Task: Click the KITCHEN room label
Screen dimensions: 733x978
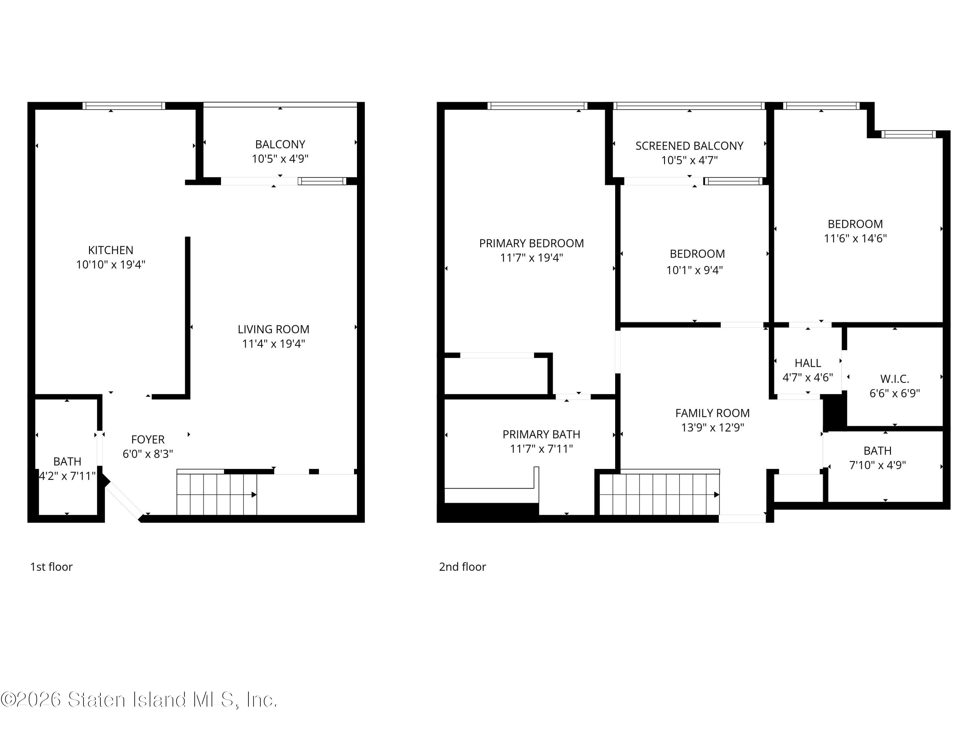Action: [111, 250]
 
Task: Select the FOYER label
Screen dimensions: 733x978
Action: [148, 439]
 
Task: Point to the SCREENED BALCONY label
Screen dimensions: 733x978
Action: [689, 146]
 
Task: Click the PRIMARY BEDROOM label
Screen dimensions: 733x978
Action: [531, 243]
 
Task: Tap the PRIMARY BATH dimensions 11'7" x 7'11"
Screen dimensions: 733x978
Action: [541, 449]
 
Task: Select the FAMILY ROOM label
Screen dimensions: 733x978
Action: [712, 413]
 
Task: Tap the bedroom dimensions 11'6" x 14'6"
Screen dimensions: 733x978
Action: [855, 238]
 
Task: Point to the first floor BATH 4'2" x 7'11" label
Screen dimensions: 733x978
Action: [67, 462]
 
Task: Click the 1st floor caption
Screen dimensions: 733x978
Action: [51, 567]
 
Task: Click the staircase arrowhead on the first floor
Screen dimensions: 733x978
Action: [254, 495]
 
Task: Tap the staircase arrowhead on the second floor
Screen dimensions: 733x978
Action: [716, 495]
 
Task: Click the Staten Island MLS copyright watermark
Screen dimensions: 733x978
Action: [139, 699]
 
